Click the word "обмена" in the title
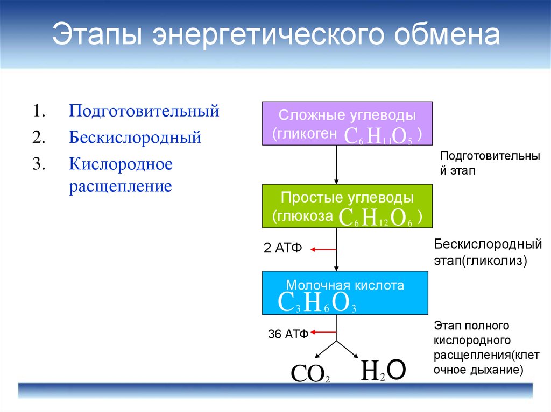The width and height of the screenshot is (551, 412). click(447, 34)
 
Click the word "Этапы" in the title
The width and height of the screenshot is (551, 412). click(97, 34)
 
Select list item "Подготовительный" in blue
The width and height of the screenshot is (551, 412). click(144, 111)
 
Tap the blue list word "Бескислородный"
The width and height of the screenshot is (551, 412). click(135, 137)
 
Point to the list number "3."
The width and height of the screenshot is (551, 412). click(39, 163)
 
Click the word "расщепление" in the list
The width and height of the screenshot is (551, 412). click(121, 186)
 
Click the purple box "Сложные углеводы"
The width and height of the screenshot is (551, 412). click(347, 124)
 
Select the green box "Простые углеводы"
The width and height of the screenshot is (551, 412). click(347, 206)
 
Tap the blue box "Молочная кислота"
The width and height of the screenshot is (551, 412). click(345, 293)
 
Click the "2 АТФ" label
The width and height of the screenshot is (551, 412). click(283, 248)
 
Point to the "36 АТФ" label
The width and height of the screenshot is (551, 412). click(288, 334)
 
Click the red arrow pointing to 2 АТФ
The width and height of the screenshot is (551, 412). click(323, 250)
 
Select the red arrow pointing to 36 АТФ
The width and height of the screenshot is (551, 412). click(323, 332)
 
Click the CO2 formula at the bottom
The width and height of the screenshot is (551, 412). click(310, 373)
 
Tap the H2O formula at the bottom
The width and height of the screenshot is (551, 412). click(383, 370)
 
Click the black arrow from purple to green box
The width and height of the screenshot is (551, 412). click(336, 164)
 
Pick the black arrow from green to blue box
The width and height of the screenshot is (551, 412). click(336, 249)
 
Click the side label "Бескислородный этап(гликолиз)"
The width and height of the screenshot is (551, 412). click(488, 252)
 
